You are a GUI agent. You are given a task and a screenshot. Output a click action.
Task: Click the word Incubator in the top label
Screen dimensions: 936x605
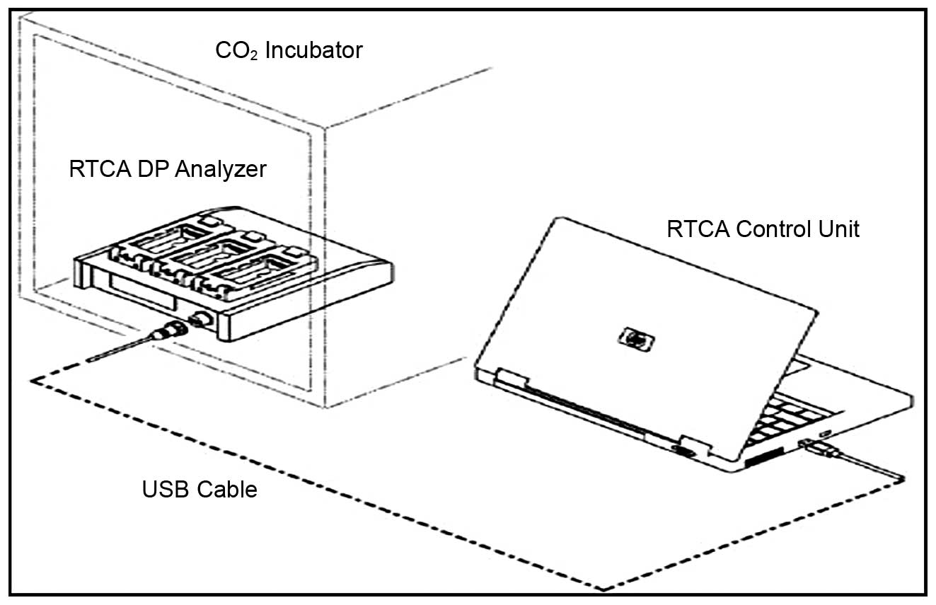pyautogui.click(x=314, y=50)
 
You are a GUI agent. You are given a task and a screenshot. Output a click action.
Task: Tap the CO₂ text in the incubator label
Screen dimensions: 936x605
pyautogui.click(x=236, y=50)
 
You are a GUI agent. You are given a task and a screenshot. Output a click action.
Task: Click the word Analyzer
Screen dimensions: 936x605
pyautogui.click(x=221, y=170)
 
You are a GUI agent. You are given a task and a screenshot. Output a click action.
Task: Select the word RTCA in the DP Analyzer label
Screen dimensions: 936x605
pyautogui.click(x=100, y=169)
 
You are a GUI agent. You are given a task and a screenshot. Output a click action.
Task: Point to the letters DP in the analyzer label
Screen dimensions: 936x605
pyautogui.click(x=153, y=169)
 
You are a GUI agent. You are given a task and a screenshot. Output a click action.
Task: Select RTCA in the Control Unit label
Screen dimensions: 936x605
pyautogui.click(x=698, y=229)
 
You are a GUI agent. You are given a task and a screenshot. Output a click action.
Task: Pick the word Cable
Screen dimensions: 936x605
pyautogui.click(x=227, y=489)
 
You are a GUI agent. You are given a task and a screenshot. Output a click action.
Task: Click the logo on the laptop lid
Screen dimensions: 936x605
pyautogui.click(x=636, y=339)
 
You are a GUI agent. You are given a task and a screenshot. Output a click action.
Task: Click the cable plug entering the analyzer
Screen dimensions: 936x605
pyautogui.click(x=170, y=330)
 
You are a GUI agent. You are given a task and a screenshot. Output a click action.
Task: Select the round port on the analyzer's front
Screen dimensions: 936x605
pyautogui.click(x=201, y=320)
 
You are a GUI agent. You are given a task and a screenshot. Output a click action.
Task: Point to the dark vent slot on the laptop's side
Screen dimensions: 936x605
pyautogui.click(x=764, y=456)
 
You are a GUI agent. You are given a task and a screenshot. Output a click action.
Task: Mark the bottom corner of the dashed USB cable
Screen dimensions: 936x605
pyautogui.click(x=603, y=589)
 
